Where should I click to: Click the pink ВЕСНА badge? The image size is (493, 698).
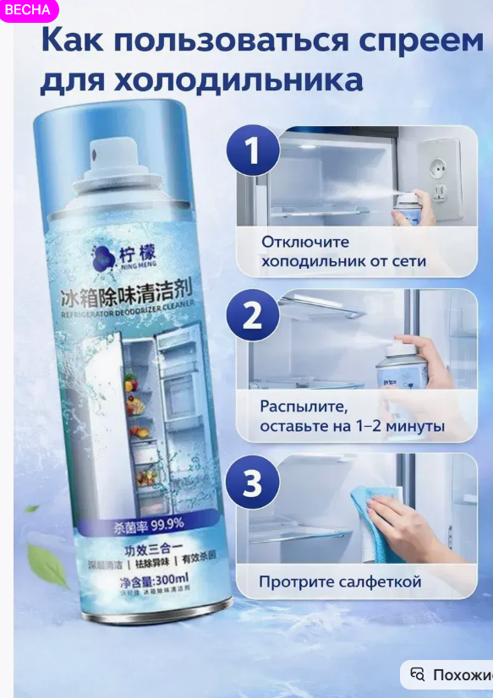[x=28, y=10]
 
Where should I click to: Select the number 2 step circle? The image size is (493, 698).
[x=252, y=314]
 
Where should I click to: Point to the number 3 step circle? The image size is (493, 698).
[x=252, y=483]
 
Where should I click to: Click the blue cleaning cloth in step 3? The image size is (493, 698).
[x=376, y=524]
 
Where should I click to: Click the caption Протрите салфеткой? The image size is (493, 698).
[x=340, y=581]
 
